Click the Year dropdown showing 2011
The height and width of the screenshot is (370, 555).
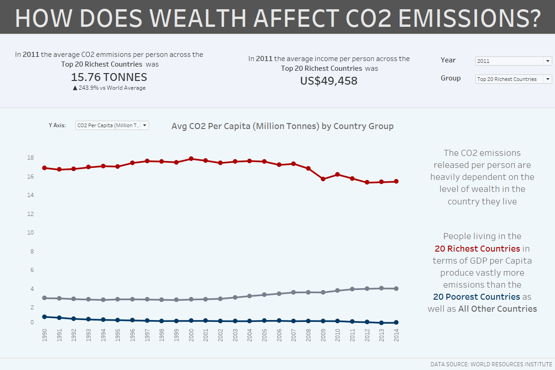[513, 61]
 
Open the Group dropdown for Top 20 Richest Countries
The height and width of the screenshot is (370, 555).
[513, 79]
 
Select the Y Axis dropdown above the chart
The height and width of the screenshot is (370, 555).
[112, 125]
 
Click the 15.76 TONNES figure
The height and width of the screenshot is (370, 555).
[109, 77]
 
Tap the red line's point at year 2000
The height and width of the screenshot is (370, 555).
[191, 159]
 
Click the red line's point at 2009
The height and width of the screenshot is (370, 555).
[323, 179]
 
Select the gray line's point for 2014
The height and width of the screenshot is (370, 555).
[396, 289]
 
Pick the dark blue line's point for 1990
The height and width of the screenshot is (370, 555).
[44, 317]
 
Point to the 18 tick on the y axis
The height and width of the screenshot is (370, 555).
[31, 158]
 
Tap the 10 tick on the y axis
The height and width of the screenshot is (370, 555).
[31, 233]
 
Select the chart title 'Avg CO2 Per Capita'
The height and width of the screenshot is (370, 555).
[282, 126]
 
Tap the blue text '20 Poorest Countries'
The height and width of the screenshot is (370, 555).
[476, 296]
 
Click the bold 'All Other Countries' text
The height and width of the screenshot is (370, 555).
[498, 308]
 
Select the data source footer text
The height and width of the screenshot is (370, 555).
[491, 364]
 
